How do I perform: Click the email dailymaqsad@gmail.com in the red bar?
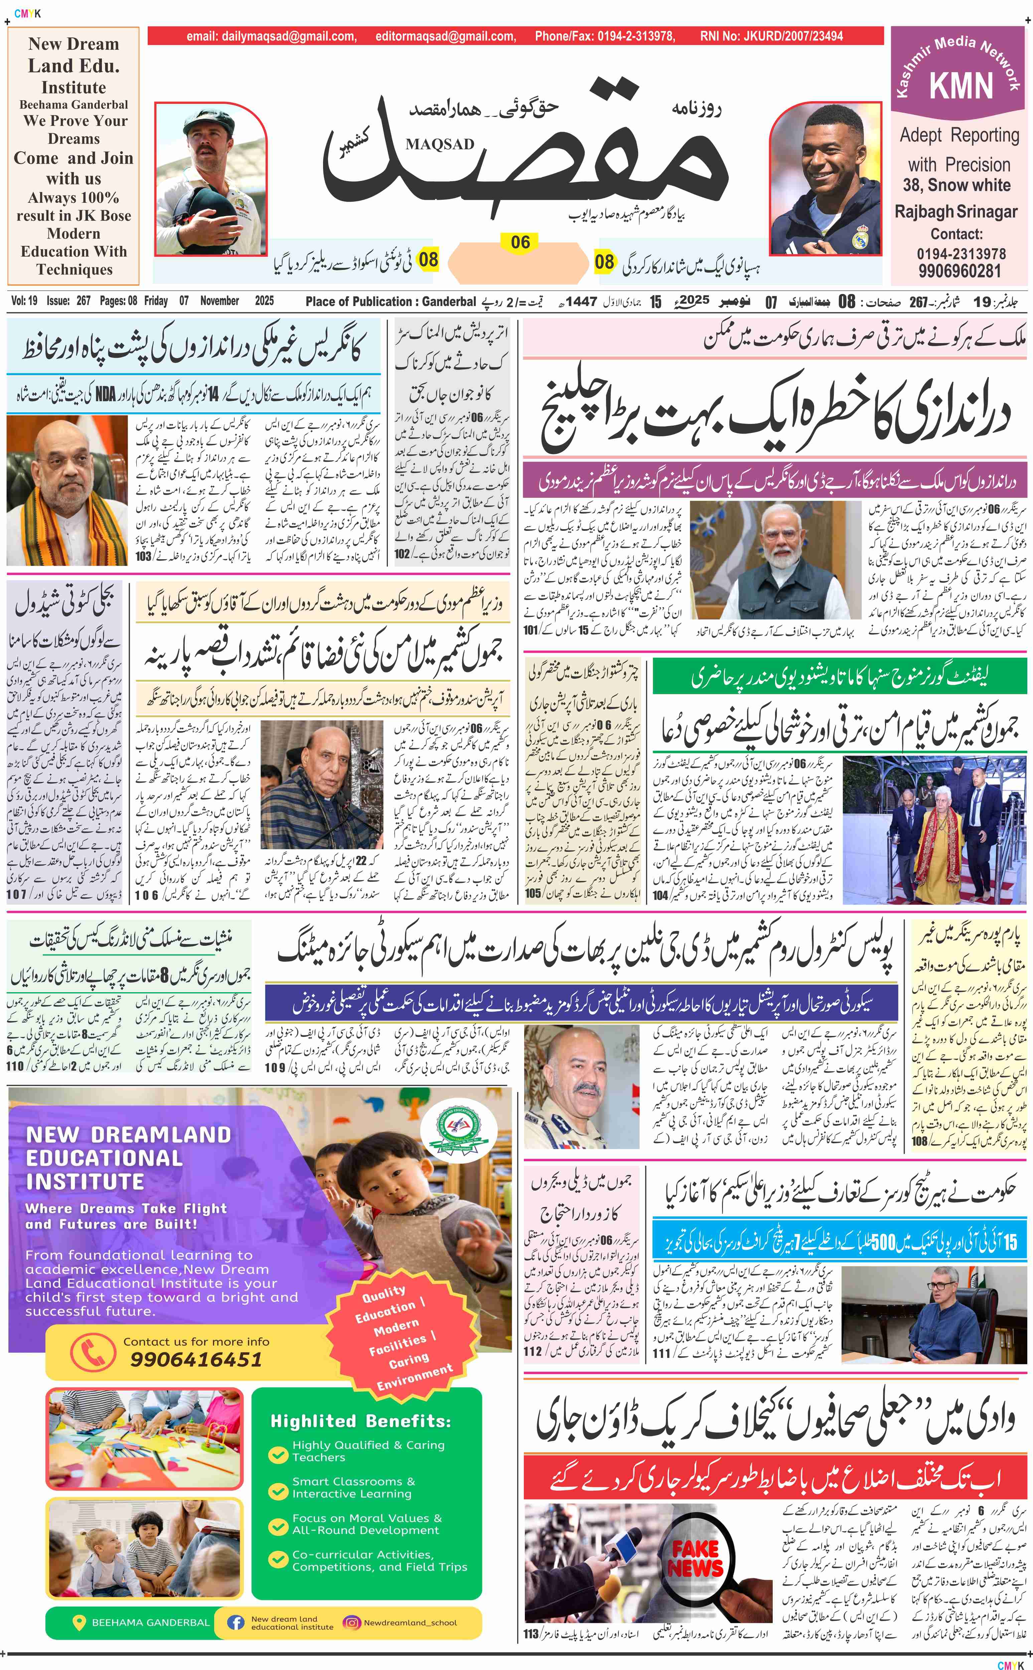271,36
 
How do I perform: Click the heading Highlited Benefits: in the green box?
361,1421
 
